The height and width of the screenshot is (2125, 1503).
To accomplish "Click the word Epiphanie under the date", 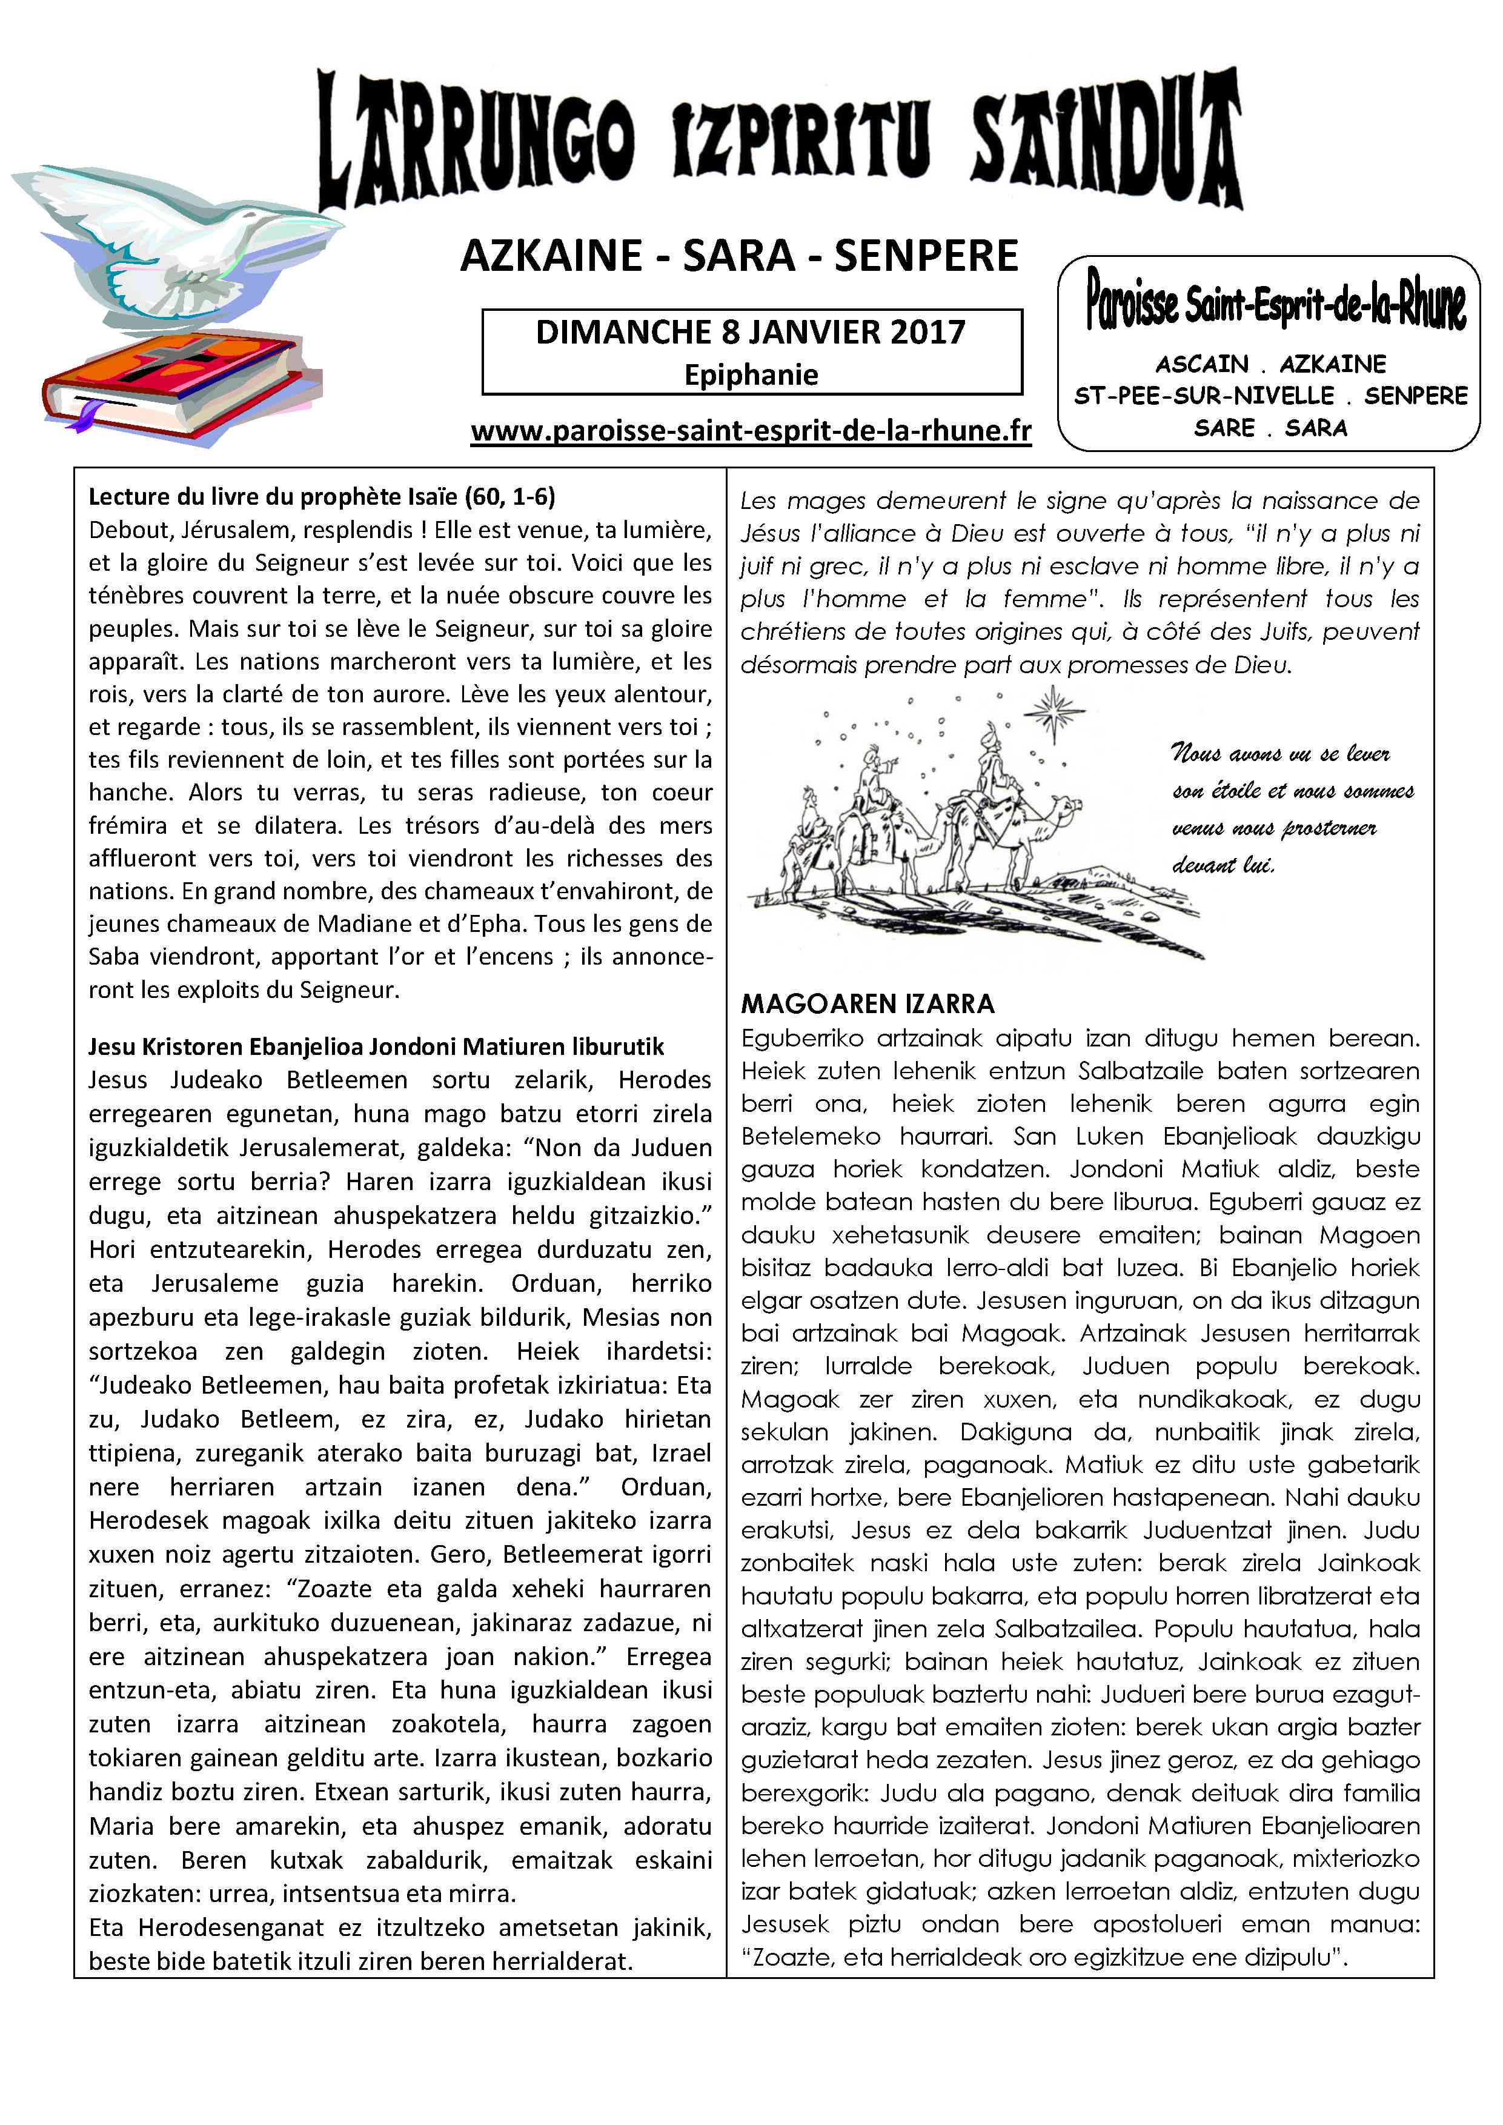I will click(751, 375).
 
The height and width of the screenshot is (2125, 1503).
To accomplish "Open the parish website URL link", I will click(751, 431).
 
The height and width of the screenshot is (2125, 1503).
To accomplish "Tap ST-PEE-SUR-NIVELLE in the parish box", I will click(1203, 396).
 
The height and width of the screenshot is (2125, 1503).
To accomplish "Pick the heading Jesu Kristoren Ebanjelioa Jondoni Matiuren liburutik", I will click(376, 1047).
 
